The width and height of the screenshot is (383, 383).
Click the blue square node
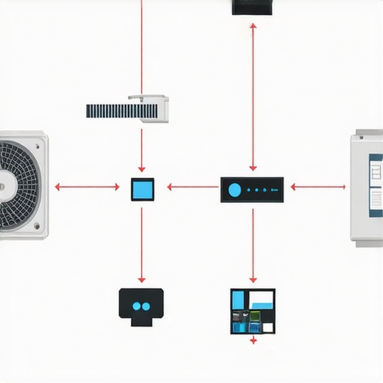click(x=142, y=189)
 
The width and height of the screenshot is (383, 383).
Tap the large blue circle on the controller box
click(x=235, y=190)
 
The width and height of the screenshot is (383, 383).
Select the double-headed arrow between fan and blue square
click(x=87, y=187)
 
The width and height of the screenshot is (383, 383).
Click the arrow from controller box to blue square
click(x=192, y=187)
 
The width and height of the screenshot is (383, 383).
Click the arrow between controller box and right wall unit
click(x=318, y=187)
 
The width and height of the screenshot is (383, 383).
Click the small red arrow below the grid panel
click(x=253, y=340)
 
